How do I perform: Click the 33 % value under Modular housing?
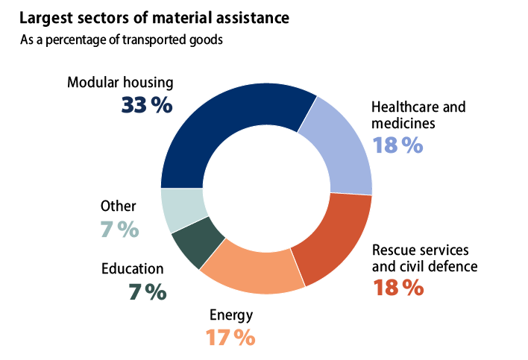click(147, 105)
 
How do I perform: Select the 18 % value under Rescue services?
click(398, 286)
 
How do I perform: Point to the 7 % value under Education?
click(147, 292)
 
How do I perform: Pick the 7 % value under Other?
click(119, 230)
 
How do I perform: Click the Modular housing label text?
click(120, 83)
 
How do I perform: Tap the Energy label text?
click(230, 315)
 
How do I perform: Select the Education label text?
click(133, 269)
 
